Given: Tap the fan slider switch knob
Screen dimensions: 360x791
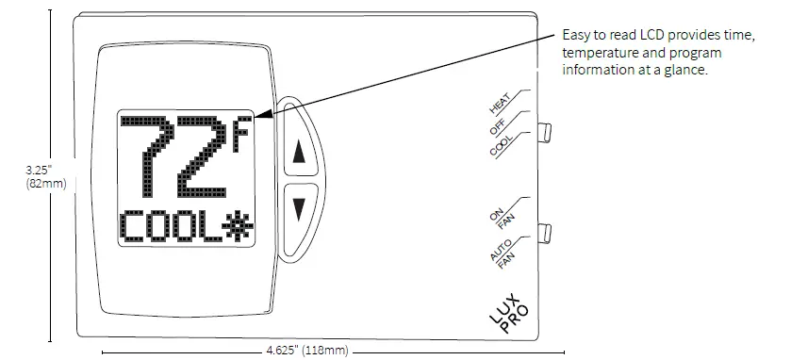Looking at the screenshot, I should click(544, 231).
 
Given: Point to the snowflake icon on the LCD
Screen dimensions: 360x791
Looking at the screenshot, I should click(232, 226).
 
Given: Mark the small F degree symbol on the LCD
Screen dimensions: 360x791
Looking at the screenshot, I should click(243, 131).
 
